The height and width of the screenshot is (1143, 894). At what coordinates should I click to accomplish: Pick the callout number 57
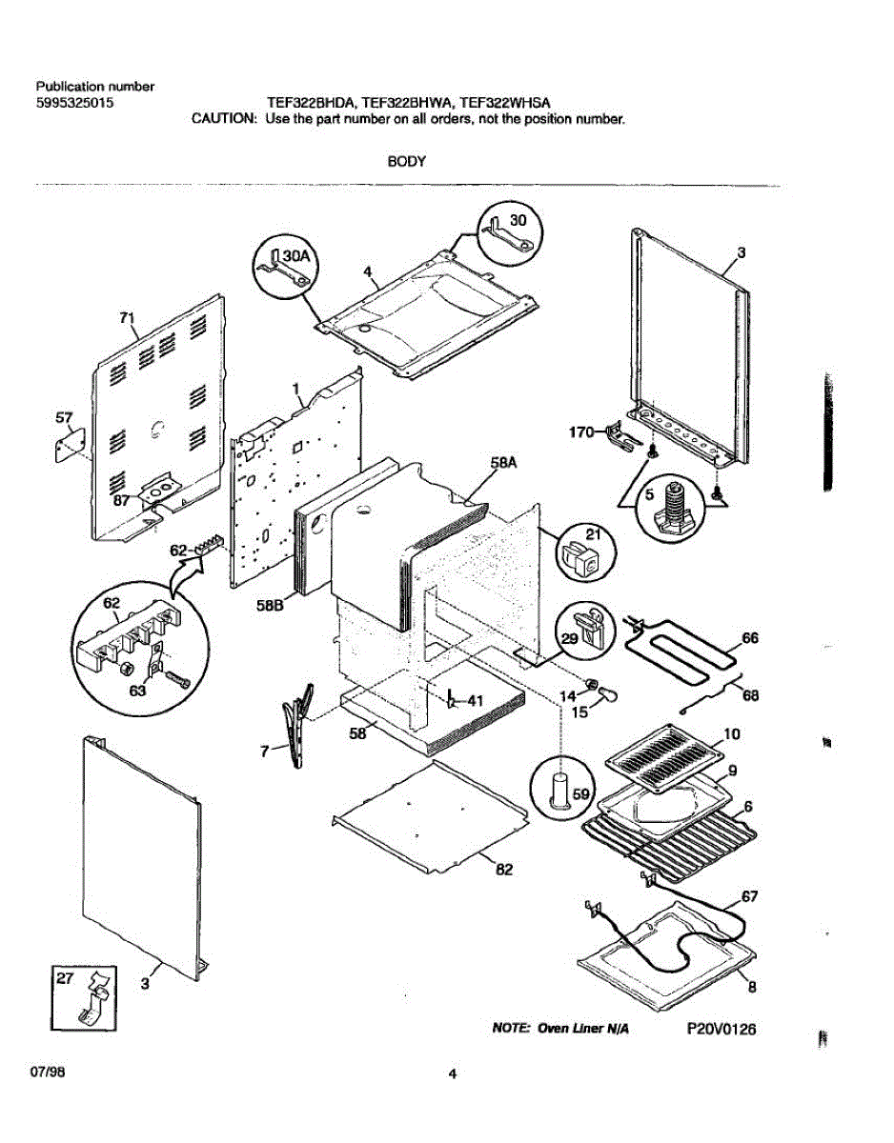click(65, 417)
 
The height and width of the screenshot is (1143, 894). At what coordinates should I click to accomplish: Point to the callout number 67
click(749, 897)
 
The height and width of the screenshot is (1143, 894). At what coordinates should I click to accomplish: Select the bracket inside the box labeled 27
click(96, 997)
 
